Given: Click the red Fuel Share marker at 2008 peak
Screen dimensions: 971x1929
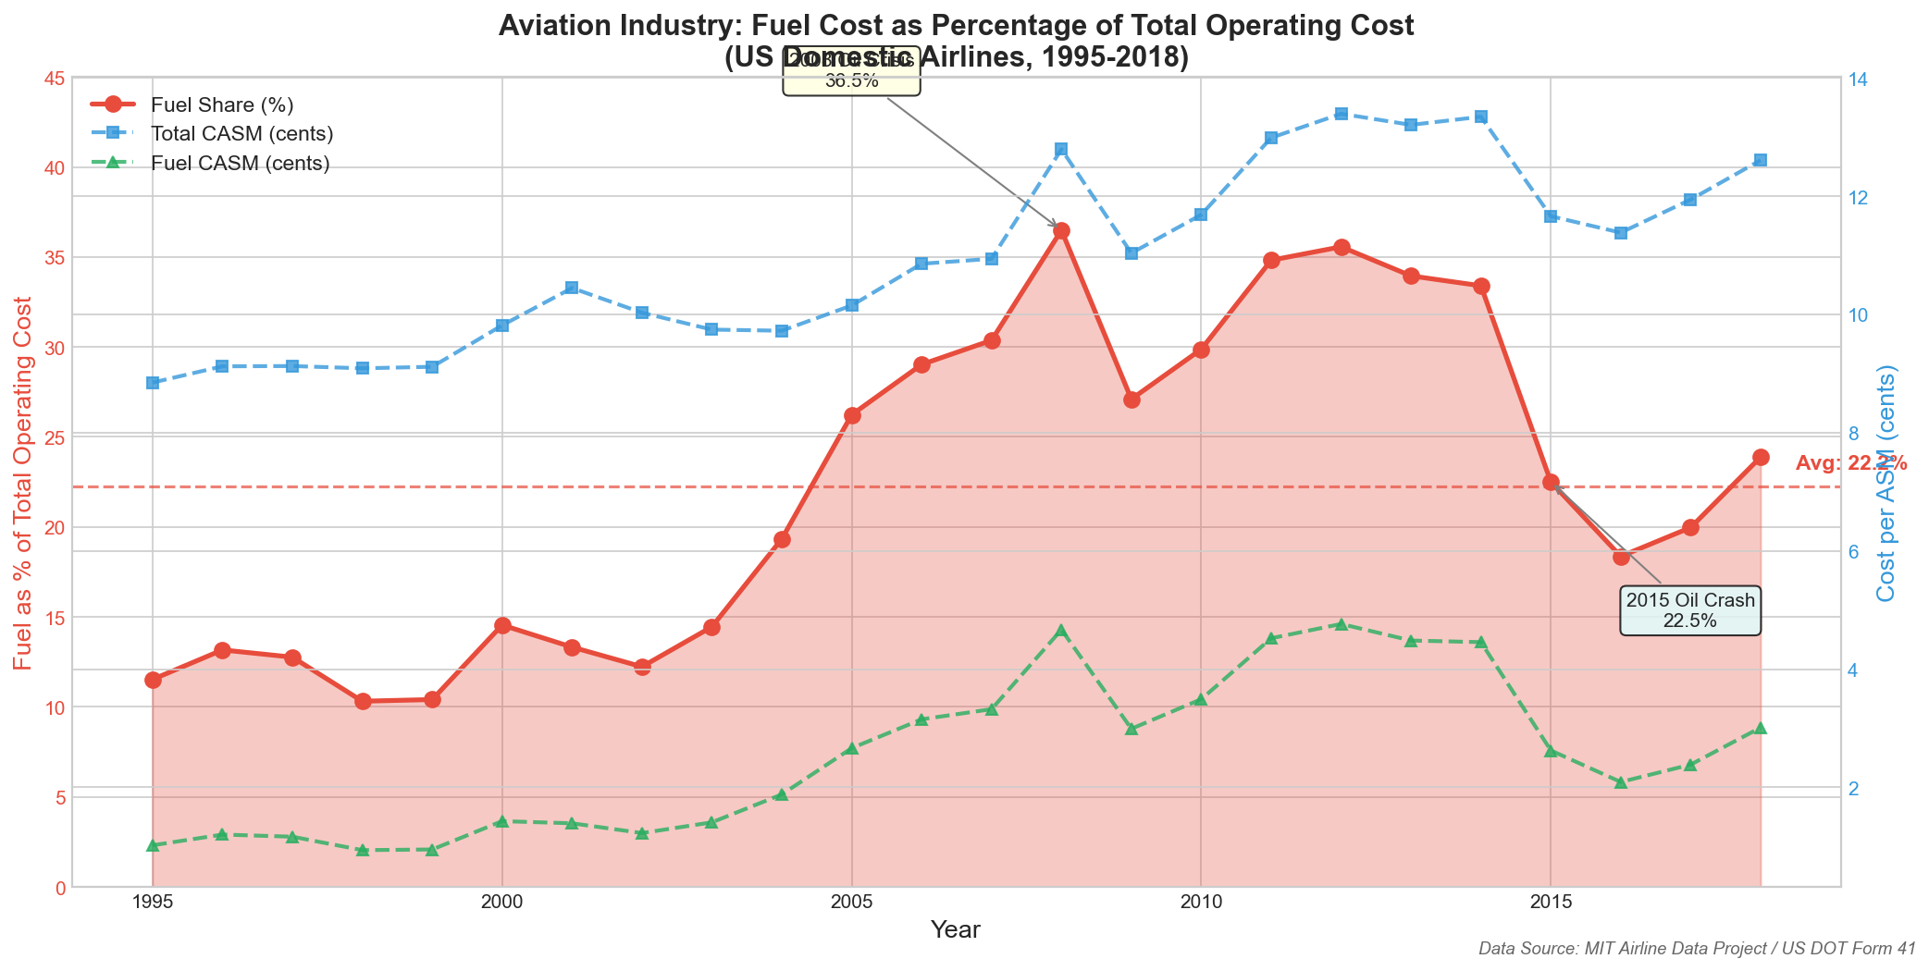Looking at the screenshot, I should point(1061,230).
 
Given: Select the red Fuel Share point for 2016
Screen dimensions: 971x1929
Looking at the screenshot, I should point(1621,557).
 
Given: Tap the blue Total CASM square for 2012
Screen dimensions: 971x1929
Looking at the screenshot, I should point(1342,114).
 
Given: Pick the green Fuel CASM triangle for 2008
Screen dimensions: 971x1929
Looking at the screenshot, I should point(1061,632).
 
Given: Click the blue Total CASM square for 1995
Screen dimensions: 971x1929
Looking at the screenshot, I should point(153,383).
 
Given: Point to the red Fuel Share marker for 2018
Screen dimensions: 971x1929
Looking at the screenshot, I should point(1761,457).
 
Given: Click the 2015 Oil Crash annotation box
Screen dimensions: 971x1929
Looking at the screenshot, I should point(1689,610).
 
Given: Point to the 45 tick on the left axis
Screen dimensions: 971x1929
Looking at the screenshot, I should point(54,79).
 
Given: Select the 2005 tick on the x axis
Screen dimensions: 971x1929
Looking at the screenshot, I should point(851,902).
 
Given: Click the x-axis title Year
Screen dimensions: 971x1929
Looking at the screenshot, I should point(956,930).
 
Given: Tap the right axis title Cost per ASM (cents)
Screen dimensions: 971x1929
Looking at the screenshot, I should point(1886,482).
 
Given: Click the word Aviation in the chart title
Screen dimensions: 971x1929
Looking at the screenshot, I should point(546,26).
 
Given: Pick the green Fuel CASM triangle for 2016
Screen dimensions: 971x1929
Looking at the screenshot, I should point(1621,782).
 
